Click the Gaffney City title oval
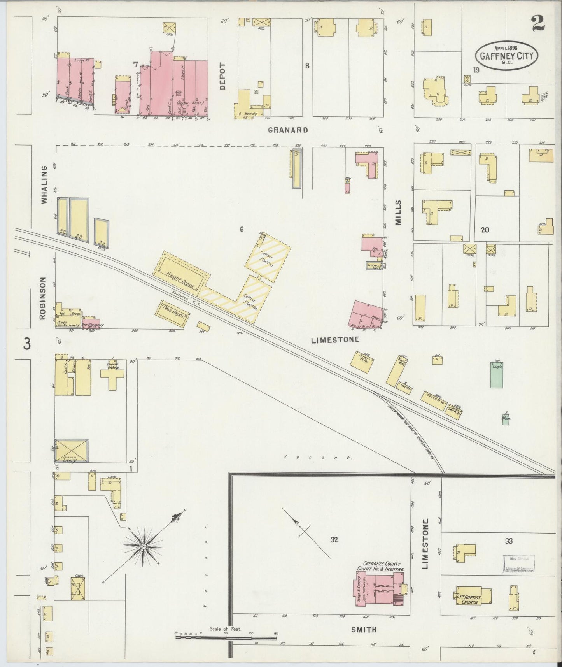click(506, 56)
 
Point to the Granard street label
click(288, 130)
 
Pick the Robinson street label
click(42, 298)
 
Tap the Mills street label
click(398, 213)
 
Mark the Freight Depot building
click(181, 274)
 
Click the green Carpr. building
click(496, 375)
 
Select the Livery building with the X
click(71, 451)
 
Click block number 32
click(334, 540)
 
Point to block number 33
click(509, 541)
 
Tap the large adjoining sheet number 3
click(26, 344)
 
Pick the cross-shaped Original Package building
click(112, 376)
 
